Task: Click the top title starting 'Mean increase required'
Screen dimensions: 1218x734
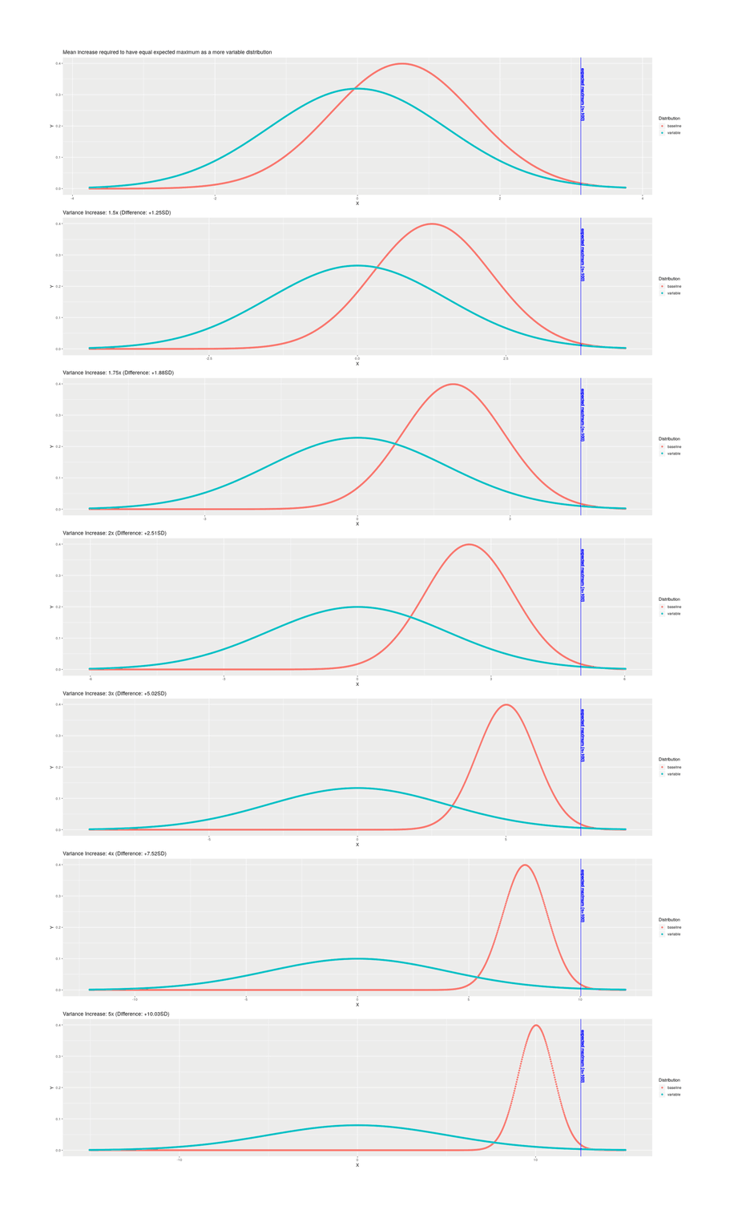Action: pos(167,52)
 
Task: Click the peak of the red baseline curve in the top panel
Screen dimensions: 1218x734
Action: pos(402,64)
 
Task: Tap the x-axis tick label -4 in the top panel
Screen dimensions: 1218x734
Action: pos(72,198)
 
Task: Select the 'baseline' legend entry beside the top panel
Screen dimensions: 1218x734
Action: pos(674,126)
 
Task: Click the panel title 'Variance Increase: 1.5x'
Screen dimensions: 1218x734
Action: pos(116,212)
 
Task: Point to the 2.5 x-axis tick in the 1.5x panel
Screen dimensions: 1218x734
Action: pos(506,358)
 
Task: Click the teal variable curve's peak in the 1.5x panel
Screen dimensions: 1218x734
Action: pos(357,265)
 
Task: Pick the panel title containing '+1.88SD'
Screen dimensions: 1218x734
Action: pos(118,373)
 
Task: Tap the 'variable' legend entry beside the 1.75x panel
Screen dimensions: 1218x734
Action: pos(674,454)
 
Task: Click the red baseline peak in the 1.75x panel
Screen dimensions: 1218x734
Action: pos(454,385)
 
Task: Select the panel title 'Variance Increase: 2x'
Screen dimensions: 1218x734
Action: pos(115,533)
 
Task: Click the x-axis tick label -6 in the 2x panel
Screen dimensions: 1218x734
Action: pos(91,679)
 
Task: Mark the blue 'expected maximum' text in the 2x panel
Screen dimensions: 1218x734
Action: pos(583,575)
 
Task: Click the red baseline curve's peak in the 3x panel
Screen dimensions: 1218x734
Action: pos(506,705)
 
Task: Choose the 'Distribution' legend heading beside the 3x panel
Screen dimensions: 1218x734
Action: pos(669,759)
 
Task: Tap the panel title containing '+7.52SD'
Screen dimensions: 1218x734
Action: pos(115,853)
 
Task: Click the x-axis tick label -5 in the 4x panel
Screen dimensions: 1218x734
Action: pos(246,999)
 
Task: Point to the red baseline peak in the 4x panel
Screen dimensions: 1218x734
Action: pos(524,865)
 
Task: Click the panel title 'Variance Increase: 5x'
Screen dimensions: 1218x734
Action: pos(116,1014)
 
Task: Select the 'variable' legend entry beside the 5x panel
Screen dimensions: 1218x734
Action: pos(674,1095)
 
